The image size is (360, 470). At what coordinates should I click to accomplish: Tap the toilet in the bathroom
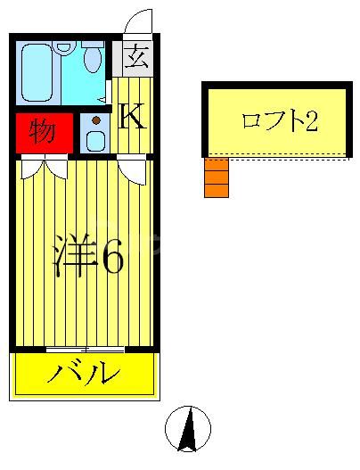93,59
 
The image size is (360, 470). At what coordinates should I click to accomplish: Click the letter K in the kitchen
132,117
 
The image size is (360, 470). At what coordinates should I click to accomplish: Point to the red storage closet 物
42,132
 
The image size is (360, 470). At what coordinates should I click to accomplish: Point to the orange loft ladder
216,177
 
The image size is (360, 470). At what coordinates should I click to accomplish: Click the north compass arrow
188,430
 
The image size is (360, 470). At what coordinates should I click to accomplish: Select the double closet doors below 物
42,165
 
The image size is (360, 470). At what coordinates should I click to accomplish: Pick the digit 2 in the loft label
311,121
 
